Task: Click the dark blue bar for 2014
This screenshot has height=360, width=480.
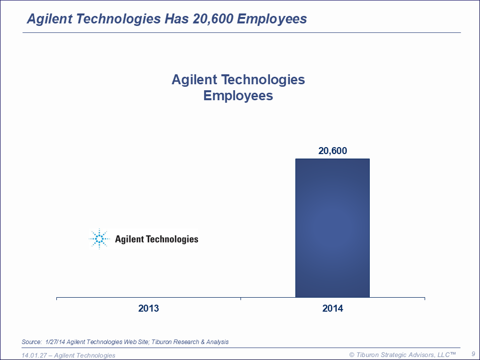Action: point(332,228)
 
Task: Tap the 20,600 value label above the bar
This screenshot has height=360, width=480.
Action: point(332,151)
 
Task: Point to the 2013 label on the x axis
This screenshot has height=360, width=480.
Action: point(149,309)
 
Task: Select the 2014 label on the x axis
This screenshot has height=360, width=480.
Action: point(333,309)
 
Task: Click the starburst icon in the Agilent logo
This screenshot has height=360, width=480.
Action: point(99,239)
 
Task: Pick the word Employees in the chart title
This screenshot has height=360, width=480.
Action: point(238,95)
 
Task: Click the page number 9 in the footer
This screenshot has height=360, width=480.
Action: point(473,354)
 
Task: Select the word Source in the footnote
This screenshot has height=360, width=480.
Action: point(31,342)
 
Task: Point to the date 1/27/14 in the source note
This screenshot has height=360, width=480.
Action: point(55,342)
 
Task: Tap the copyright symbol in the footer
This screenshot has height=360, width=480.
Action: point(352,355)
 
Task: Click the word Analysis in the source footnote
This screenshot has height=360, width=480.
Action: point(217,342)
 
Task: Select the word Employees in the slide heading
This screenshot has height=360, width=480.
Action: point(272,19)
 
